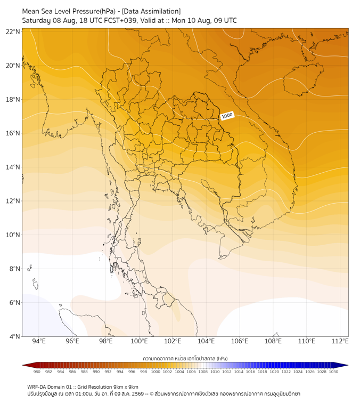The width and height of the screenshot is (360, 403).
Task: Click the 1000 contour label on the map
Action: click(227, 116)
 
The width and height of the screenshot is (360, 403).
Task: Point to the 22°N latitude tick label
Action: click(13, 31)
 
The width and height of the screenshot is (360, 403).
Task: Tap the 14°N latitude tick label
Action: click(13, 167)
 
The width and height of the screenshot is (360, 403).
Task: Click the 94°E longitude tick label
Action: click(39, 341)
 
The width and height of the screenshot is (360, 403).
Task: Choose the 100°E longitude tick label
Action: click(139, 341)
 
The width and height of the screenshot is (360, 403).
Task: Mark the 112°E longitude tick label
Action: click(340, 341)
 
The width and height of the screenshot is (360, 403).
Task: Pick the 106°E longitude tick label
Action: click(240, 341)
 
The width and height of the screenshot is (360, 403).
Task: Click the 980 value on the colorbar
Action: click(37, 372)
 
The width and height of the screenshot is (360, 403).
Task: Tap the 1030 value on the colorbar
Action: click(333, 372)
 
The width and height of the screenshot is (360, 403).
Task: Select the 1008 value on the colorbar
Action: click(203, 372)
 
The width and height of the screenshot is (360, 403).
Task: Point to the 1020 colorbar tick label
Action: click(274, 372)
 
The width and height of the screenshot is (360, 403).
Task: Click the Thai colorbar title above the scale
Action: click(185, 358)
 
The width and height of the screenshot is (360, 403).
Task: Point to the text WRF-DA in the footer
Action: click(37, 387)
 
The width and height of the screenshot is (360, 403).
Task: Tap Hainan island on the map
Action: click(303, 79)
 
